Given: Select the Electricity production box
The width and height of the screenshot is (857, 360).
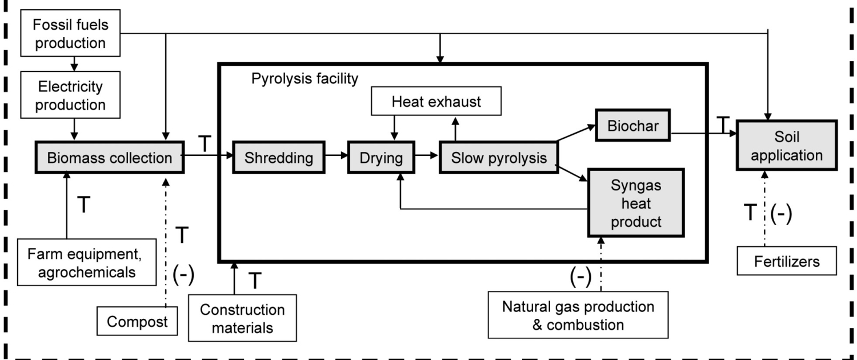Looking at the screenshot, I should point(71,96).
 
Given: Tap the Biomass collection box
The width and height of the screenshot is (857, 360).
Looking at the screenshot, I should point(110,157).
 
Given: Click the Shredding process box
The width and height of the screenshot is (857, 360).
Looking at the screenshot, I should point(279,157).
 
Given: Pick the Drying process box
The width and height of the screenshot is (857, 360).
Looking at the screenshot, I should point(381,157).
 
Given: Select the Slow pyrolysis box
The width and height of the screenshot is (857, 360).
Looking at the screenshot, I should point(498,157).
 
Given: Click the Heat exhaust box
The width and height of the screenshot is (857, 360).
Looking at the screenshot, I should point(436,102).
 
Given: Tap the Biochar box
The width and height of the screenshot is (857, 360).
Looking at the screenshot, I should point(632,126).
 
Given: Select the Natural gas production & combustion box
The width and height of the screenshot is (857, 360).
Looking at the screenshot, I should point(578,315).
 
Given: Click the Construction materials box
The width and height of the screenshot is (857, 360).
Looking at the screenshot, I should point(242,318).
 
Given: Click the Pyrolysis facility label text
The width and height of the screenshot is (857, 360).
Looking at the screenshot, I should point(305,79).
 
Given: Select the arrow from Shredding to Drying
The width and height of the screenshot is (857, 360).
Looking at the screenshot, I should point(336,155).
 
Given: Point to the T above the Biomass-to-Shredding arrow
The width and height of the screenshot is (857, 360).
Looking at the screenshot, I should point(205,145).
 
